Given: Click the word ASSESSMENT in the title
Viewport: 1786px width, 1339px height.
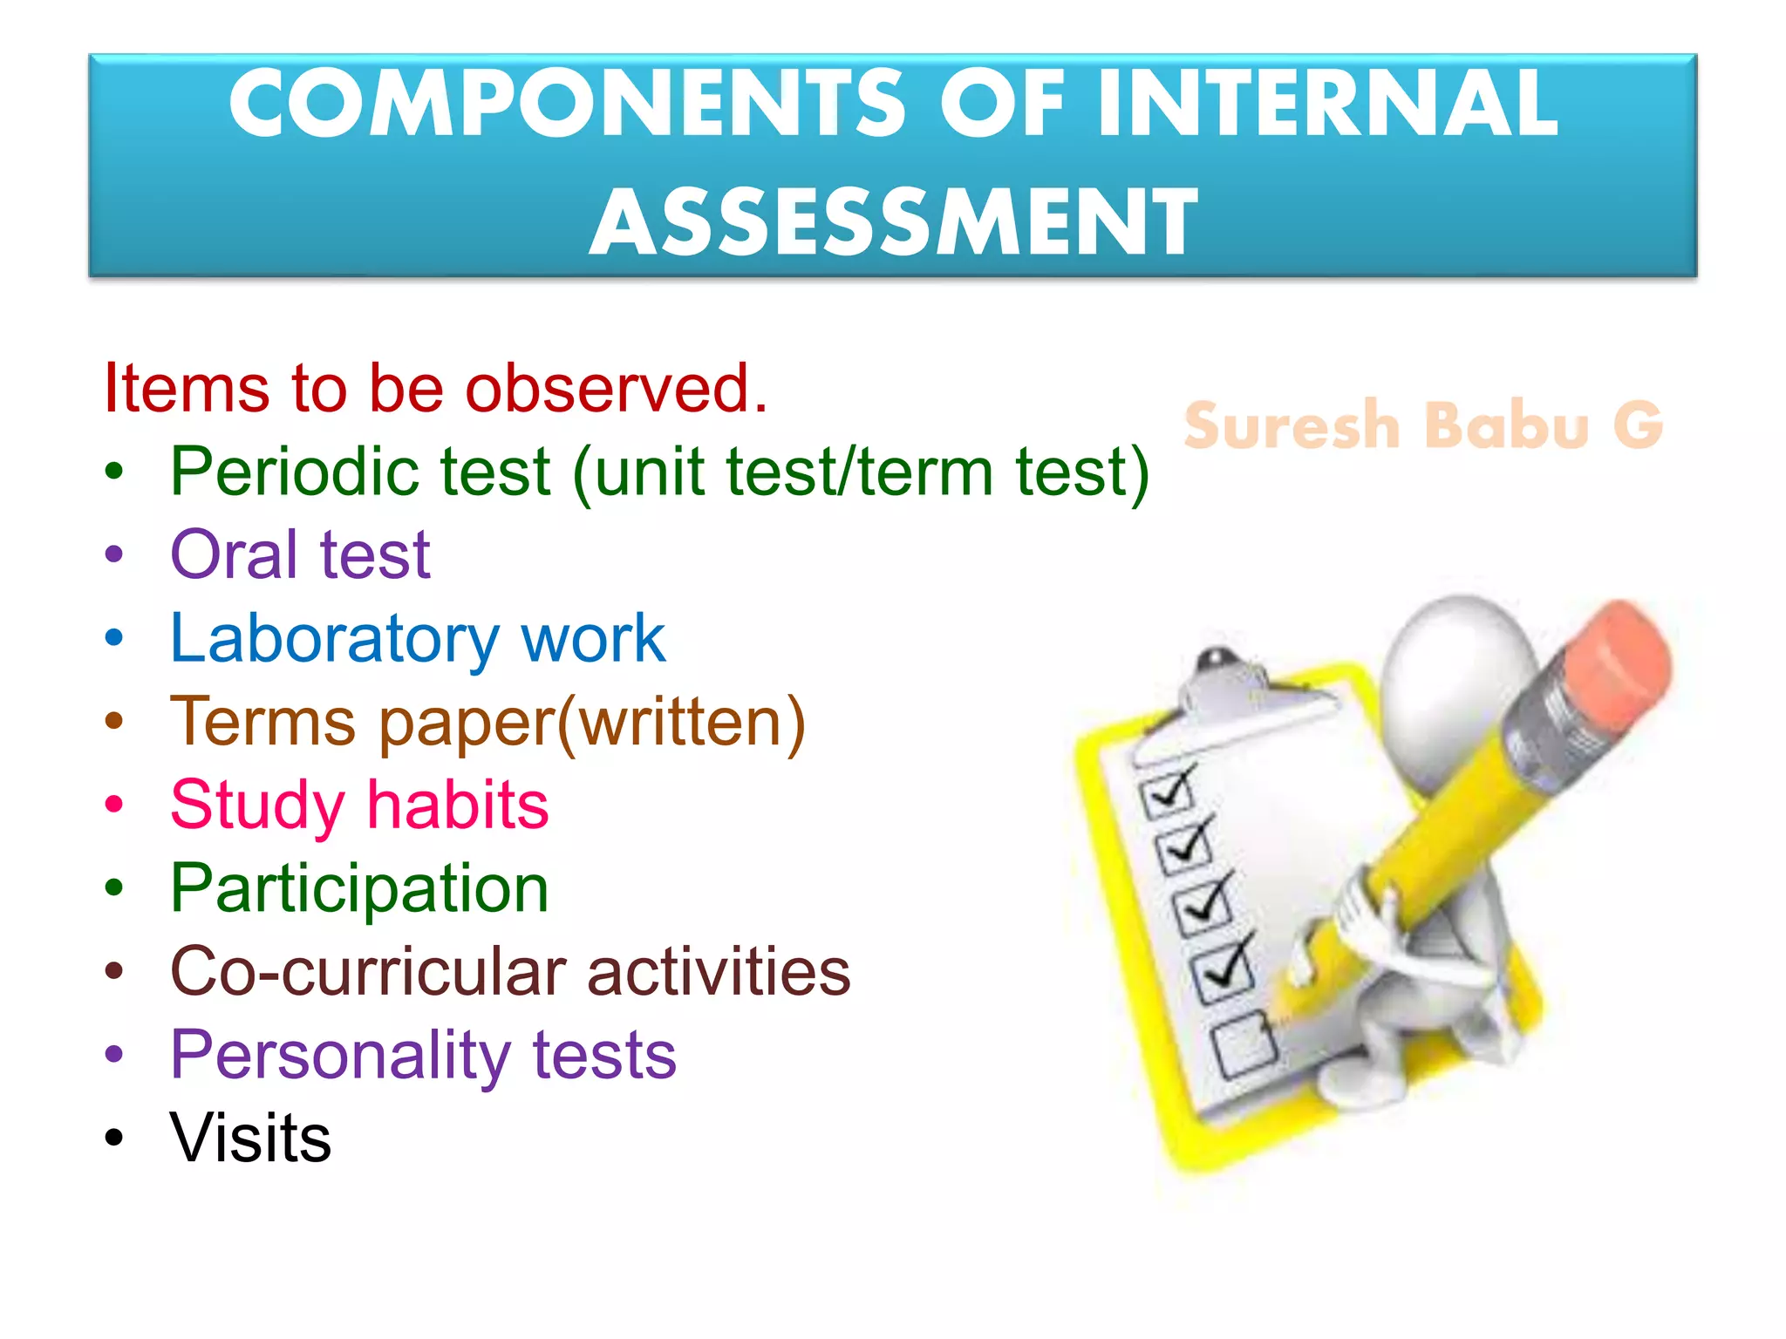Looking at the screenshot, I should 893,222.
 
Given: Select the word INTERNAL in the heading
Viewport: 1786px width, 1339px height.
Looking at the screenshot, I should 1326,105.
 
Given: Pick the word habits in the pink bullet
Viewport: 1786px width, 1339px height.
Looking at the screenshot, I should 458,805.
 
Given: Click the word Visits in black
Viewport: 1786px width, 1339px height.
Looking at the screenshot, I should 251,1138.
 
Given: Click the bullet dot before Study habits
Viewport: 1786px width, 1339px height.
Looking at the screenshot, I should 114,805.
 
